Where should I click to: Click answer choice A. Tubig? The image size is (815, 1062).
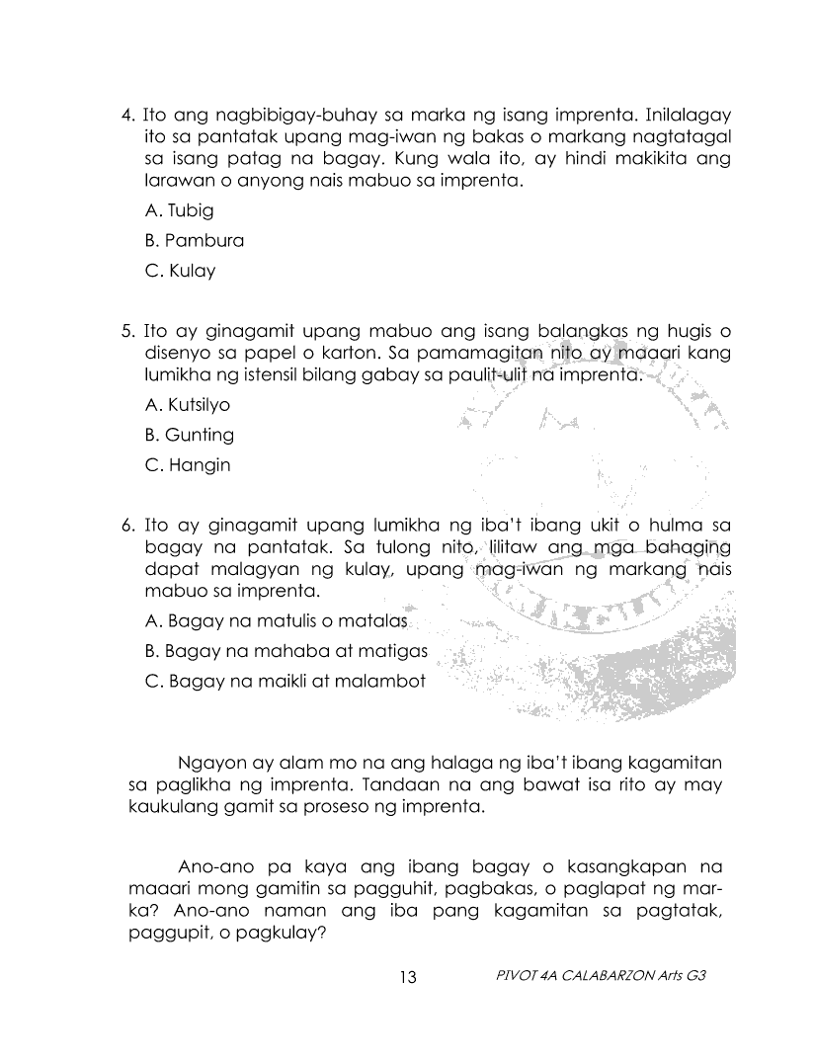pyautogui.click(x=179, y=210)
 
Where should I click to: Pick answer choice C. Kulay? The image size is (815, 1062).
pyautogui.click(x=180, y=271)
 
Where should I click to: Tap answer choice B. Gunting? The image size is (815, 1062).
pyautogui.click(x=189, y=435)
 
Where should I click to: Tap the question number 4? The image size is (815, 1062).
pyautogui.click(x=126, y=114)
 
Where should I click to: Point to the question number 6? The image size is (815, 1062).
pyautogui.click(x=126, y=525)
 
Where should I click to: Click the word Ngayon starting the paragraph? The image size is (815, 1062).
pyautogui.click(x=208, y=764)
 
